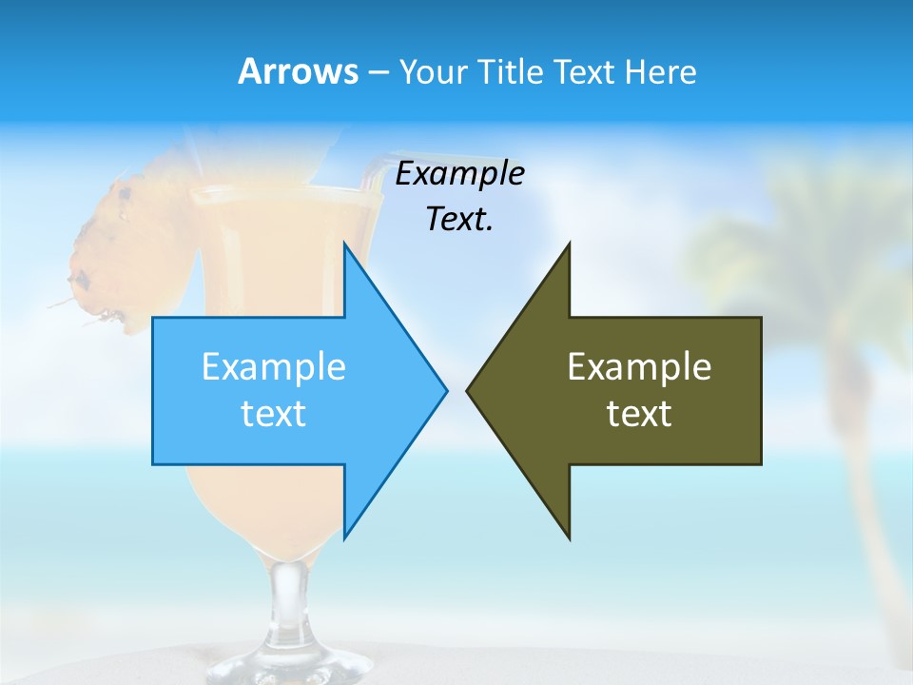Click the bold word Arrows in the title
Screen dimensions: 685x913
[x=297, y=71]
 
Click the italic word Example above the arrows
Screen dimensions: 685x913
[x=459, y=173]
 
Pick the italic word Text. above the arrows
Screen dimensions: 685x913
[x=459, y=219]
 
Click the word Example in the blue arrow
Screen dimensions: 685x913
[x=274, y=366]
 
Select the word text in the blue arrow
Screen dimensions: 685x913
[x=274, y=414]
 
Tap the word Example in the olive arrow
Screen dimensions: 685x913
[x=639, y=366]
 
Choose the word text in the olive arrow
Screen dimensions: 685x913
[x=639, y=414]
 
